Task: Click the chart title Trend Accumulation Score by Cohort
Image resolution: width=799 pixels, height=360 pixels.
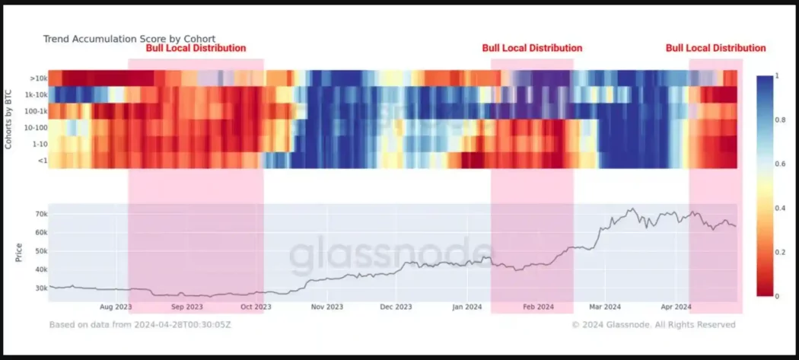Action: [129, 39]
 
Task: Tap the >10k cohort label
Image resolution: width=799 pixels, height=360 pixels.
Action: [40, 78]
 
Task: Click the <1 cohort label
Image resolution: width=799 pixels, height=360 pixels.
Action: [43, 160]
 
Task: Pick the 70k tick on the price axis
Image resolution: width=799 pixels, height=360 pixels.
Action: [40, 215]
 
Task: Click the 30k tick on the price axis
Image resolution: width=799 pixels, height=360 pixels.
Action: [40, 288]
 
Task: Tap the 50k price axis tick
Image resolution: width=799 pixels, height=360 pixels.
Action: [40, 251]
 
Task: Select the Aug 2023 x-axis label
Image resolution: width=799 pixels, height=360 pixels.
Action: [116, 307]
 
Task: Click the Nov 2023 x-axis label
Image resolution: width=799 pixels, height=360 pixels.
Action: [326, 307]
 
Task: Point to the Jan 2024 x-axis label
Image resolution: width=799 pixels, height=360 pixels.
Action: [467, 307]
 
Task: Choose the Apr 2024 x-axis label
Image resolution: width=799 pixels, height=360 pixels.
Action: [676, 307]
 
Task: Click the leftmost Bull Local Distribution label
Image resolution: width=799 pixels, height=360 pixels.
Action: [196, 48]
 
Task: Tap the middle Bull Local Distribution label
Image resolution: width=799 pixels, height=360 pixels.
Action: [532, 48]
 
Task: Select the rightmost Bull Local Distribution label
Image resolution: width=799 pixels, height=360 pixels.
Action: [715, 48]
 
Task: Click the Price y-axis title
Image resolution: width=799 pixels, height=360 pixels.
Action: [19, 253]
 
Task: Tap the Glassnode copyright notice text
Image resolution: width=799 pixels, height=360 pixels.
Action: [654, 325]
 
